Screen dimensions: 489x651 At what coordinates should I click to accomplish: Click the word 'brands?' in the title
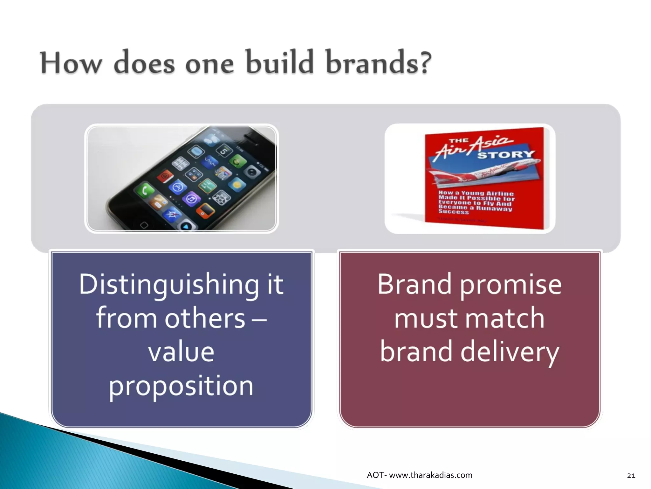[378, 63]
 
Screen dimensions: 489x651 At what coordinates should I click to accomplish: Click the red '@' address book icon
[165, 176]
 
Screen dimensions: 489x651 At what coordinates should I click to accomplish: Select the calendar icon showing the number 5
[223, 151]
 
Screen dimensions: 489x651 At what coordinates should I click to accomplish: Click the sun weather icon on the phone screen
[237, 185]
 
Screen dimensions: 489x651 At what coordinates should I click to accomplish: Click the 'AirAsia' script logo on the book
[474, 146]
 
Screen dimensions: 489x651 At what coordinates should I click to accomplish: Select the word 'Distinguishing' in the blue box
[169, 284]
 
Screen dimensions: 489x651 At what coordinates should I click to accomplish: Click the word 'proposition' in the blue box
[181, 386]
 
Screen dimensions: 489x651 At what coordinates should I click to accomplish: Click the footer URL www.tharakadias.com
[430, 475]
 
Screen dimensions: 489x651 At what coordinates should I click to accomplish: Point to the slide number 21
[631, 476]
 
